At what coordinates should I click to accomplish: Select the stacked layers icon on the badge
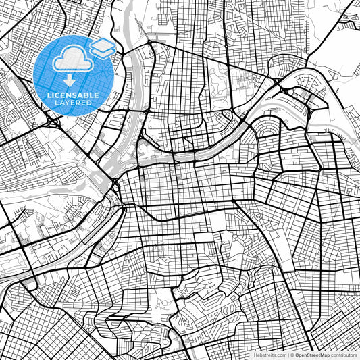102,47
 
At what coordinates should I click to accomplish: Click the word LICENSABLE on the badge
73,95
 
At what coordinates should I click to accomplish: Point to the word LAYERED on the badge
73,103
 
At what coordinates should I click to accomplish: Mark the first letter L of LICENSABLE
49,95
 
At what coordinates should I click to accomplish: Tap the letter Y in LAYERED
68,103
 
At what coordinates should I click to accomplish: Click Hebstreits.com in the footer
269,355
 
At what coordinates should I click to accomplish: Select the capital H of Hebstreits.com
255,355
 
